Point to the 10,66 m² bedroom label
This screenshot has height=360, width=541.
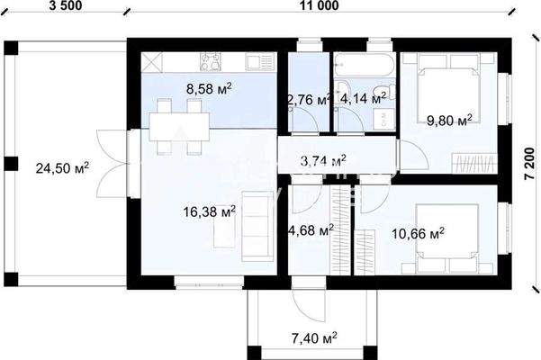(419, 234)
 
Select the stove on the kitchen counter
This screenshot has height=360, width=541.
(213, 63)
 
